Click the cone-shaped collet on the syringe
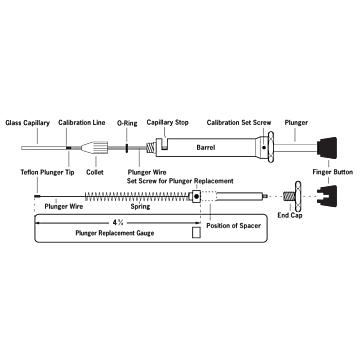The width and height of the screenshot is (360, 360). pos(101,147)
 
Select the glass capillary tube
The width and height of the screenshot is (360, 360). pos(40,147)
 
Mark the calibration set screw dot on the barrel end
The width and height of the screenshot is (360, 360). pos(262,147)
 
